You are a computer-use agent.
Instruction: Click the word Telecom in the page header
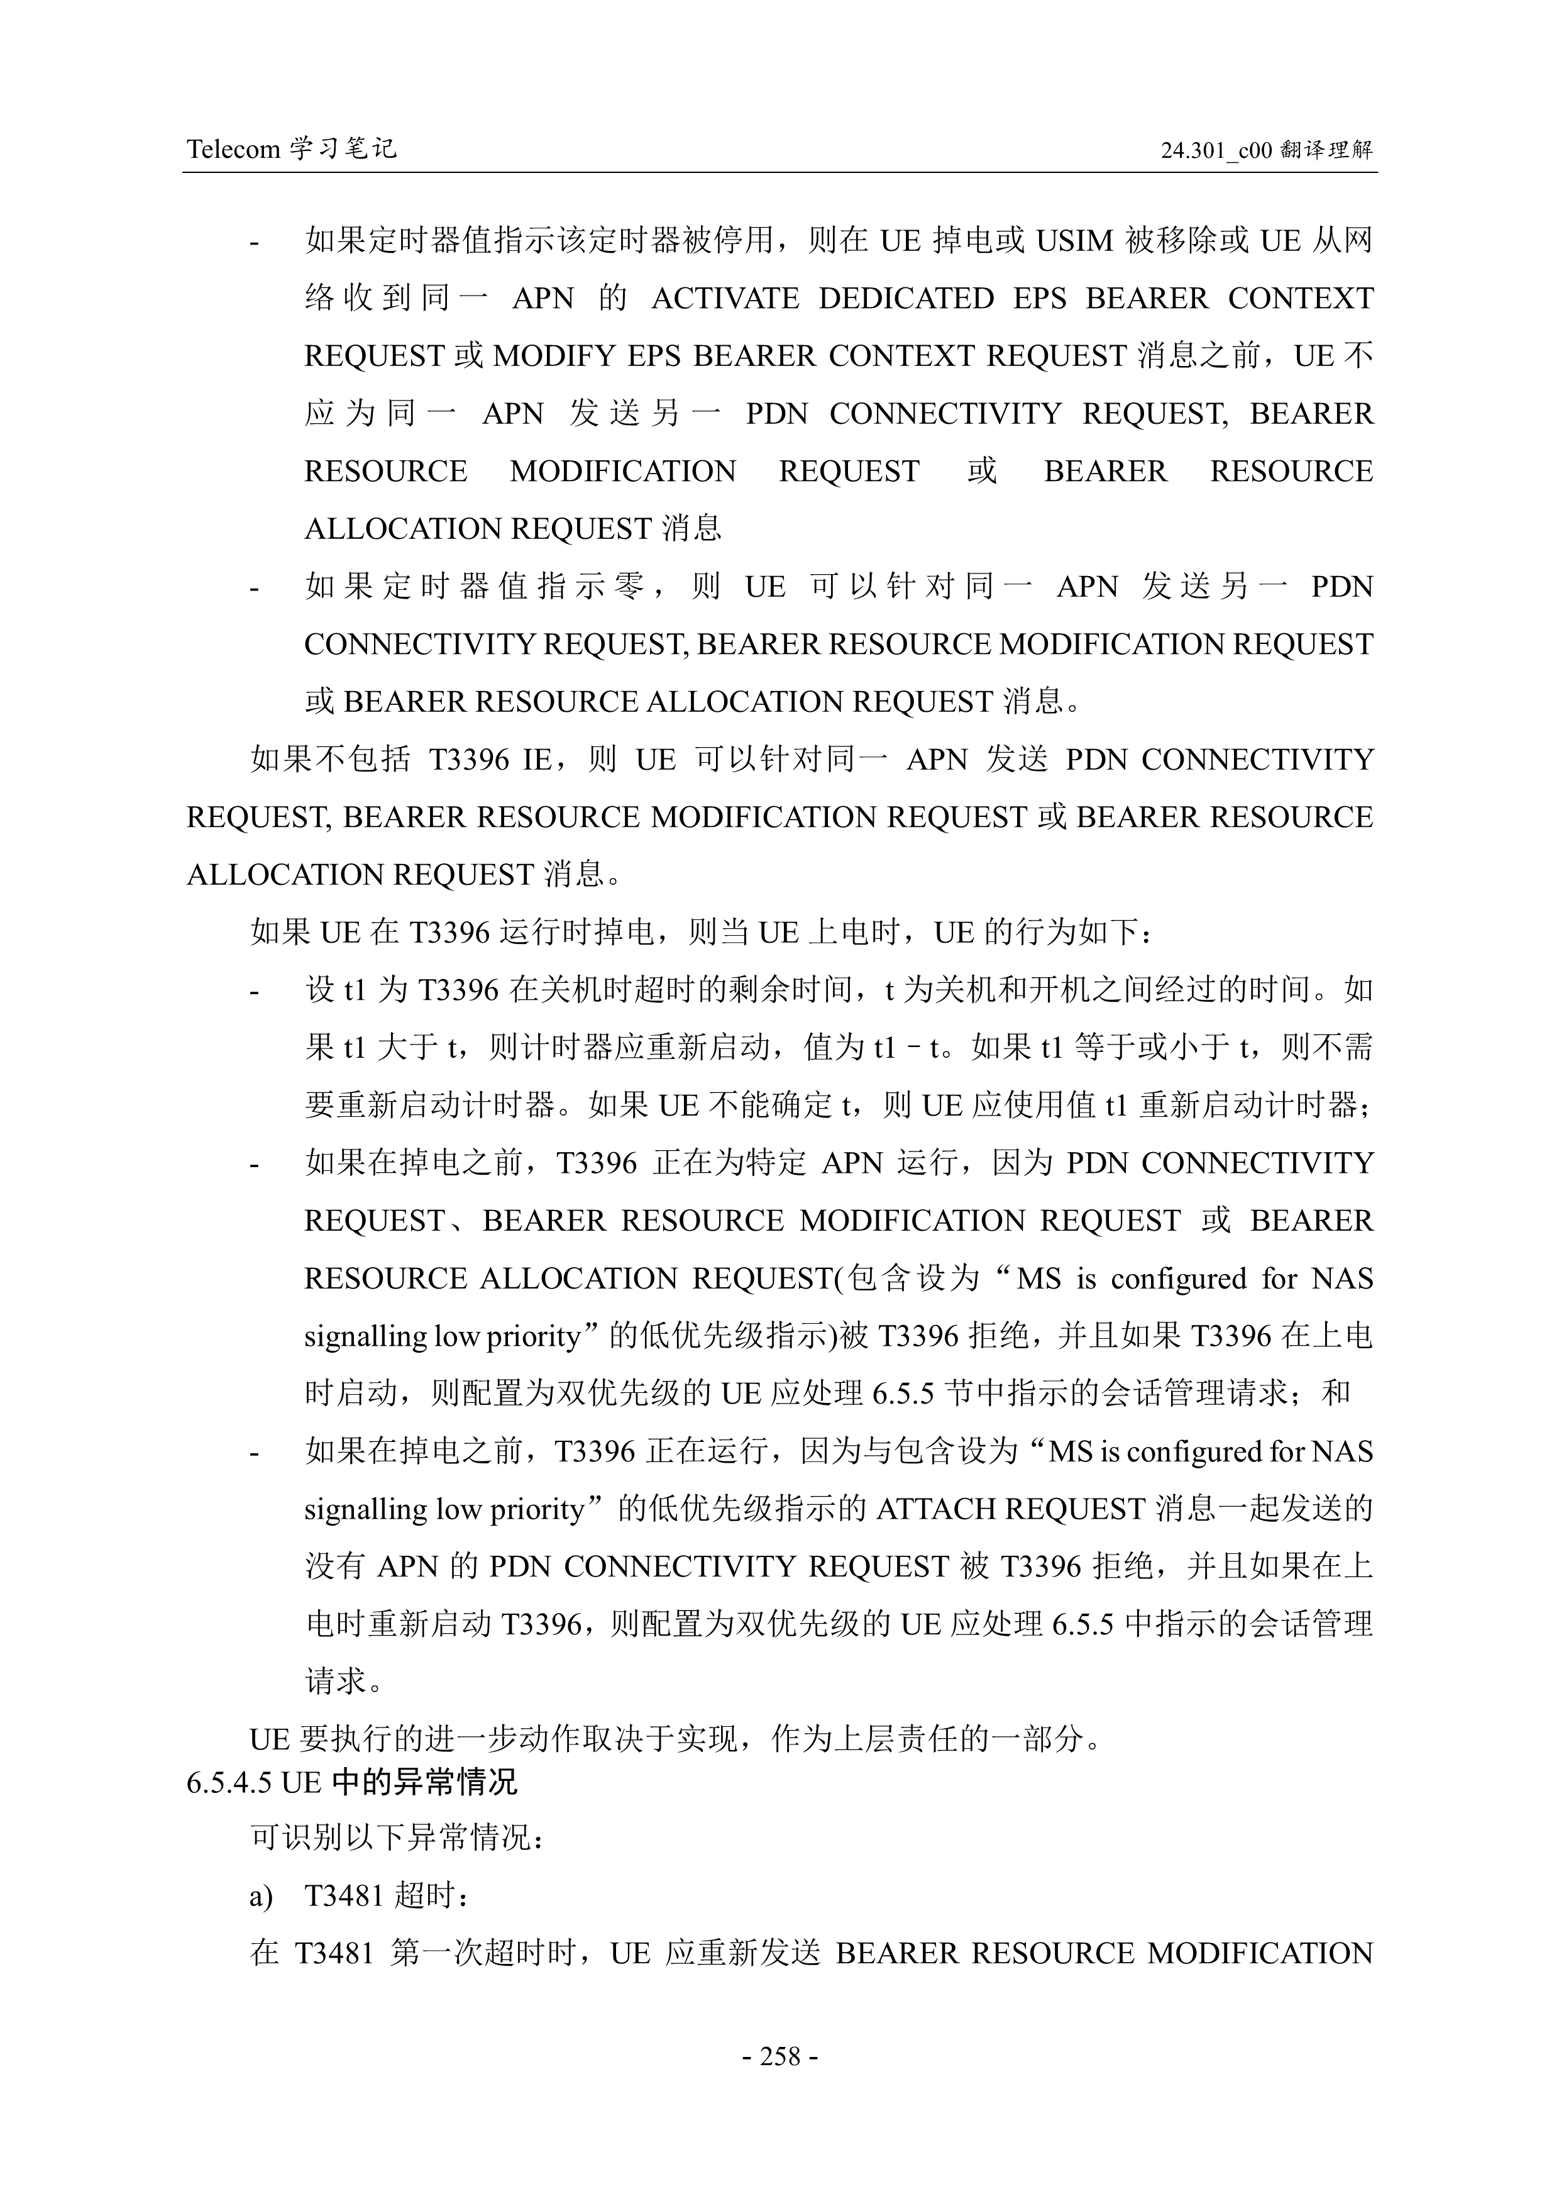(233, 149)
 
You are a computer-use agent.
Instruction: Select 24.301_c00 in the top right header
(1216, 150)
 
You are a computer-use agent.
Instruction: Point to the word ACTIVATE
(725, 299)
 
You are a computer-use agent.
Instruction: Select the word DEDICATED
(906, 299)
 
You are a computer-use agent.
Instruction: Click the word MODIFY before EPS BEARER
(553, 357)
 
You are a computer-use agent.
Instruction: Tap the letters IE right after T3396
(537, 760)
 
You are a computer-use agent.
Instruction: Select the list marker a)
(262, 1897)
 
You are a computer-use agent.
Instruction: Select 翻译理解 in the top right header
(1326, 150)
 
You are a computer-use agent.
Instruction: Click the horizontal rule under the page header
(780, 173)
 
